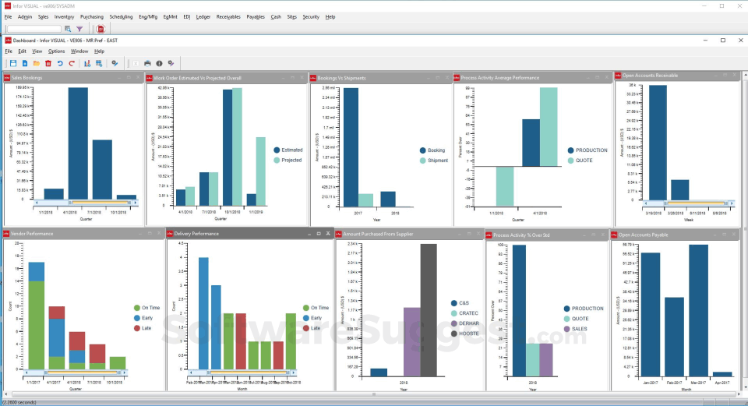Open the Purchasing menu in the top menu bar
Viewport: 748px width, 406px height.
(91, 16)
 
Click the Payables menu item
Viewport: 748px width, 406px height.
(256, 16)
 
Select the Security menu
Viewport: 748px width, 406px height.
(311, 16)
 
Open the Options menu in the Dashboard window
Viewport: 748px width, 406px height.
(56, 51)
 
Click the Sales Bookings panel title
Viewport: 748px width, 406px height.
(26, 77)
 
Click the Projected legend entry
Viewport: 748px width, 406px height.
(291, 160)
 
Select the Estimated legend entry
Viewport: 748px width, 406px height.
(291, 150)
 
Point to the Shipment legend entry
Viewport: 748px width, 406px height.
(437, 160)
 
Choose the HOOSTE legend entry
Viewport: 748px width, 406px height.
(469, 333)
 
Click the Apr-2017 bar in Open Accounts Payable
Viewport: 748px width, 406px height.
(722, 374)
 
